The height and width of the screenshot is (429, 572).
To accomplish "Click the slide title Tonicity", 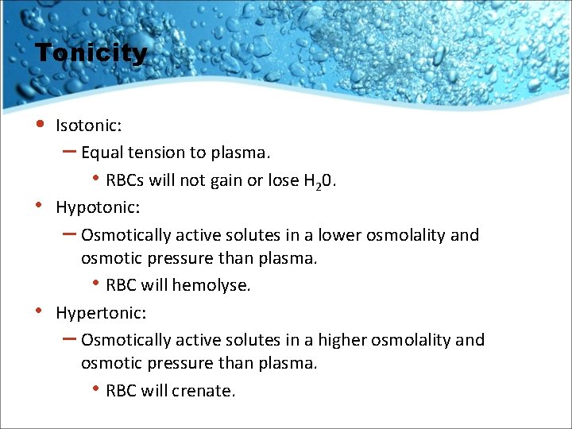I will coord(91,53).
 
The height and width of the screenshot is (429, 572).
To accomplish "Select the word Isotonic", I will coord(87,126).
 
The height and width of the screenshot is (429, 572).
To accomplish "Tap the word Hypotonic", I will coord(96,207).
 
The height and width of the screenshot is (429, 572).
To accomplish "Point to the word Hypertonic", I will coord(99,313).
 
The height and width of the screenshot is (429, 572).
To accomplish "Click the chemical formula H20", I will coord(319,181).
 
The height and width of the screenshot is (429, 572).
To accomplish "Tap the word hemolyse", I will coord(212,285).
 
